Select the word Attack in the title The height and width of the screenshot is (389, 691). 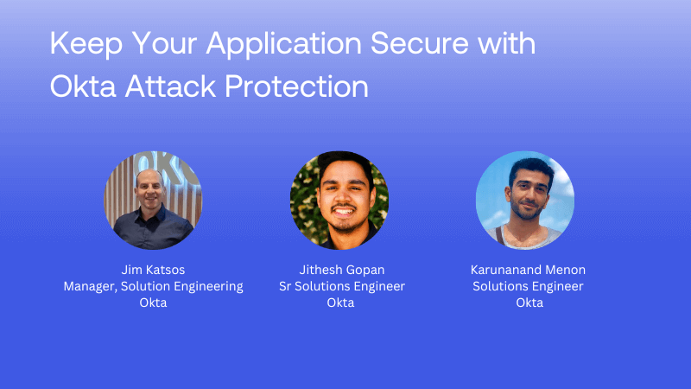pos(174,86)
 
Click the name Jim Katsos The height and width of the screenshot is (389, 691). pos(153,270)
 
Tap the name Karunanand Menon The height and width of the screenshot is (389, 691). pos(528,270)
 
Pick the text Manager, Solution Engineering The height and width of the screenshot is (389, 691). pos(153,286)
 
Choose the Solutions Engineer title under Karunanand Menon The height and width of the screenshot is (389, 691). pos(528,286)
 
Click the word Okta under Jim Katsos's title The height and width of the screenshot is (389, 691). pos(153,303)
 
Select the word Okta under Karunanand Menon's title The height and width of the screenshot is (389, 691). pos(528,303)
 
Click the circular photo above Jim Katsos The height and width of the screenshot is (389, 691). pos(153,201)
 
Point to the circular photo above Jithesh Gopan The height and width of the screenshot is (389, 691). pos(339,201)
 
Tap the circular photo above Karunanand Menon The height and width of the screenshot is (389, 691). pos(525,201)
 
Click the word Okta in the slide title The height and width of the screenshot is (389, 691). pos(80,86)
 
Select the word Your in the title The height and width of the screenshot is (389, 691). pos(162,45)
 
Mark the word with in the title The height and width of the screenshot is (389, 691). pos(507,45)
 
